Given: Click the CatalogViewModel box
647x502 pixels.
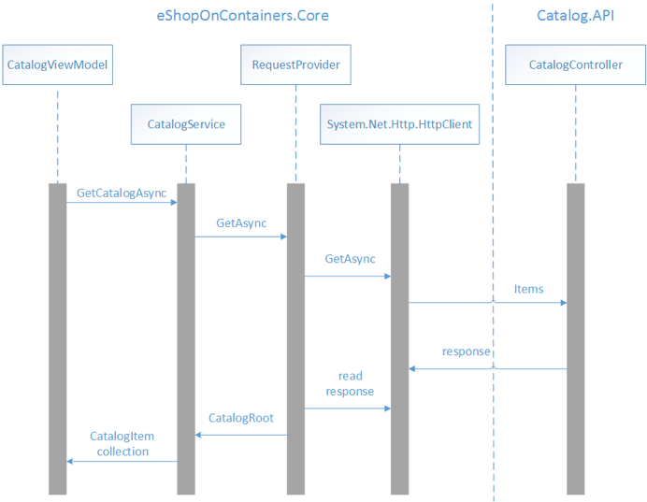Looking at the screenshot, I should click(x=57, y=65).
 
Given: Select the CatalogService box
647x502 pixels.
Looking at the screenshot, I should click(x=186, y=123).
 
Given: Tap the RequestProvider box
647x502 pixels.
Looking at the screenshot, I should click(x=296, y=65).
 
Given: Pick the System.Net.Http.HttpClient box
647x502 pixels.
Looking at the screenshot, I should click(x=399, y=123).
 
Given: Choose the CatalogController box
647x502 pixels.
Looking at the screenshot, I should click(x=575, y=65).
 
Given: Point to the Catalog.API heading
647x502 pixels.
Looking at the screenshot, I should click(x=576, y=16).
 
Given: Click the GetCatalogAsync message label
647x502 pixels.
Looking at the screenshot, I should click(x=122, y=194).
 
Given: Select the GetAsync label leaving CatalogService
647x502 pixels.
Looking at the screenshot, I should click(x=241, y=224).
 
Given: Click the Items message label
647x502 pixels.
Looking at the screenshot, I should click(x=528, y=289).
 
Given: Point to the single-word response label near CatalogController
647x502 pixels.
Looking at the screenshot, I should click(x=467, y=351).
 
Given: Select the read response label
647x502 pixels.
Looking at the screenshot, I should click(x=350, y=384).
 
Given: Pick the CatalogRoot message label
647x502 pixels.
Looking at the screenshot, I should click(x=241, y=418).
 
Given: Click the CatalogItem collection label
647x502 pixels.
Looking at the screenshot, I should click(x=122, y=444).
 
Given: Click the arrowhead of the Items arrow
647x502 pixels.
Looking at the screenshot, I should click(x=563, y=302).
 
